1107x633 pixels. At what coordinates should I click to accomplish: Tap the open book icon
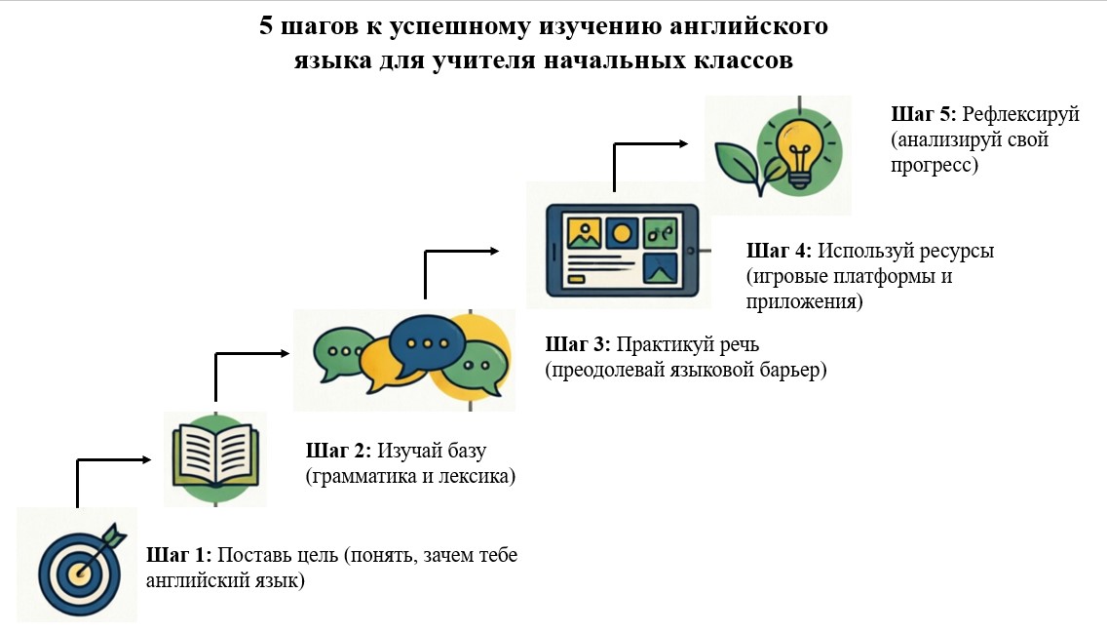215,455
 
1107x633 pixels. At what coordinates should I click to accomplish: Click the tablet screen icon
623,251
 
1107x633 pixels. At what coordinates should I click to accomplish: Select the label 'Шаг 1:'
178,555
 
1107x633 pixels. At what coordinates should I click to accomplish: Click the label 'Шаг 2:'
338,450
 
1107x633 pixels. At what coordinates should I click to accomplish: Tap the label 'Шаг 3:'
578,344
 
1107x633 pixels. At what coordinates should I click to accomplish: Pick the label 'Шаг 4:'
779,250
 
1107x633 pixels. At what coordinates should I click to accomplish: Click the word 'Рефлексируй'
1021,114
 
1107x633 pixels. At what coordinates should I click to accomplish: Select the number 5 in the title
265,26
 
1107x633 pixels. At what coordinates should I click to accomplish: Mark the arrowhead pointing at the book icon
146,460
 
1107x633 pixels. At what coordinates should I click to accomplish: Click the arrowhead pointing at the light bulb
683,143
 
